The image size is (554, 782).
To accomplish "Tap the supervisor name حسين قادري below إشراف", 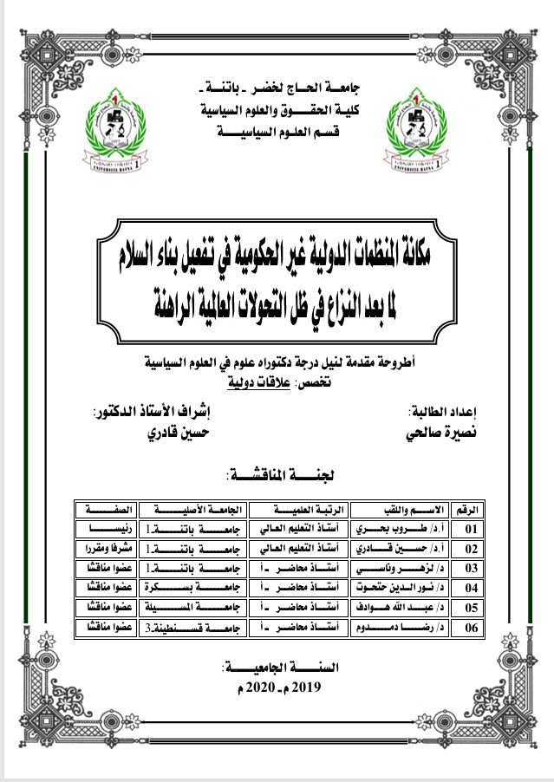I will tap(175, 430).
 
